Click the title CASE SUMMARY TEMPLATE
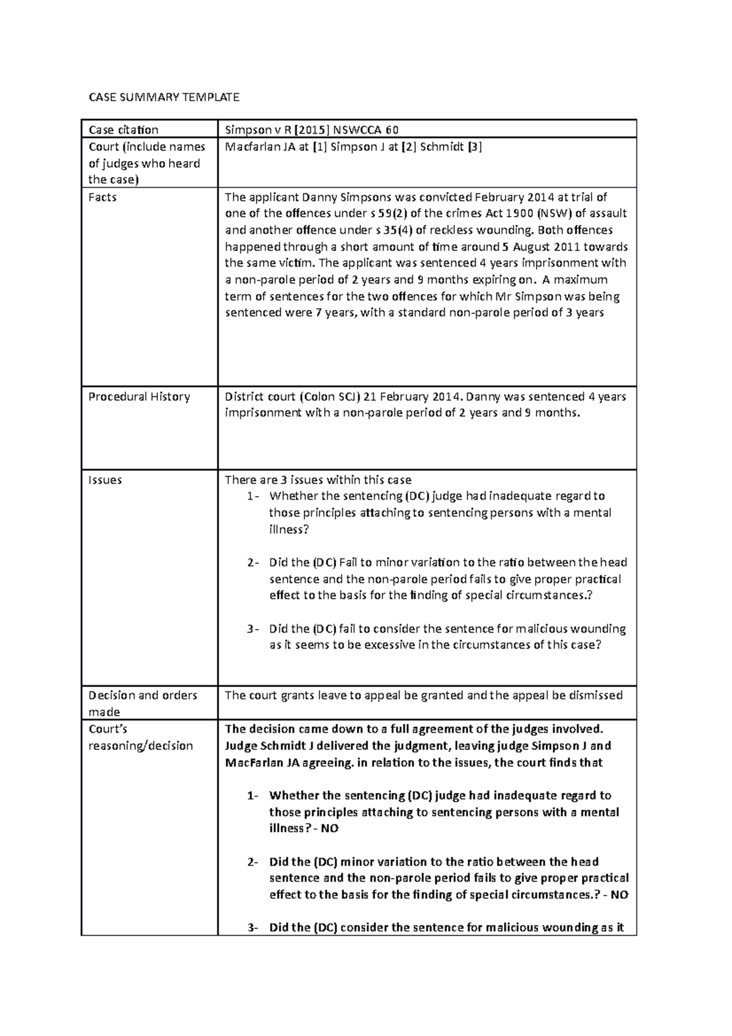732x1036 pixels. [x=164, y=97]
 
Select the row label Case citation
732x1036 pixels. [x=123, y=129]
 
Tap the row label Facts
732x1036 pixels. [x=102, y=197]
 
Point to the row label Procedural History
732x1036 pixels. [x=139, y=397]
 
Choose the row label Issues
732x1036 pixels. [x=105, y=480]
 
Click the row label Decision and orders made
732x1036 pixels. [x=143, y=703]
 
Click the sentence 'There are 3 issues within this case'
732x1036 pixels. [x=318, y=480]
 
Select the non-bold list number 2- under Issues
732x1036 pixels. [x=253, y=563]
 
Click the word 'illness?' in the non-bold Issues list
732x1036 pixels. [x=289, y=530]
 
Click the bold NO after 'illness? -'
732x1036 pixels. [x=330, y=829]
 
